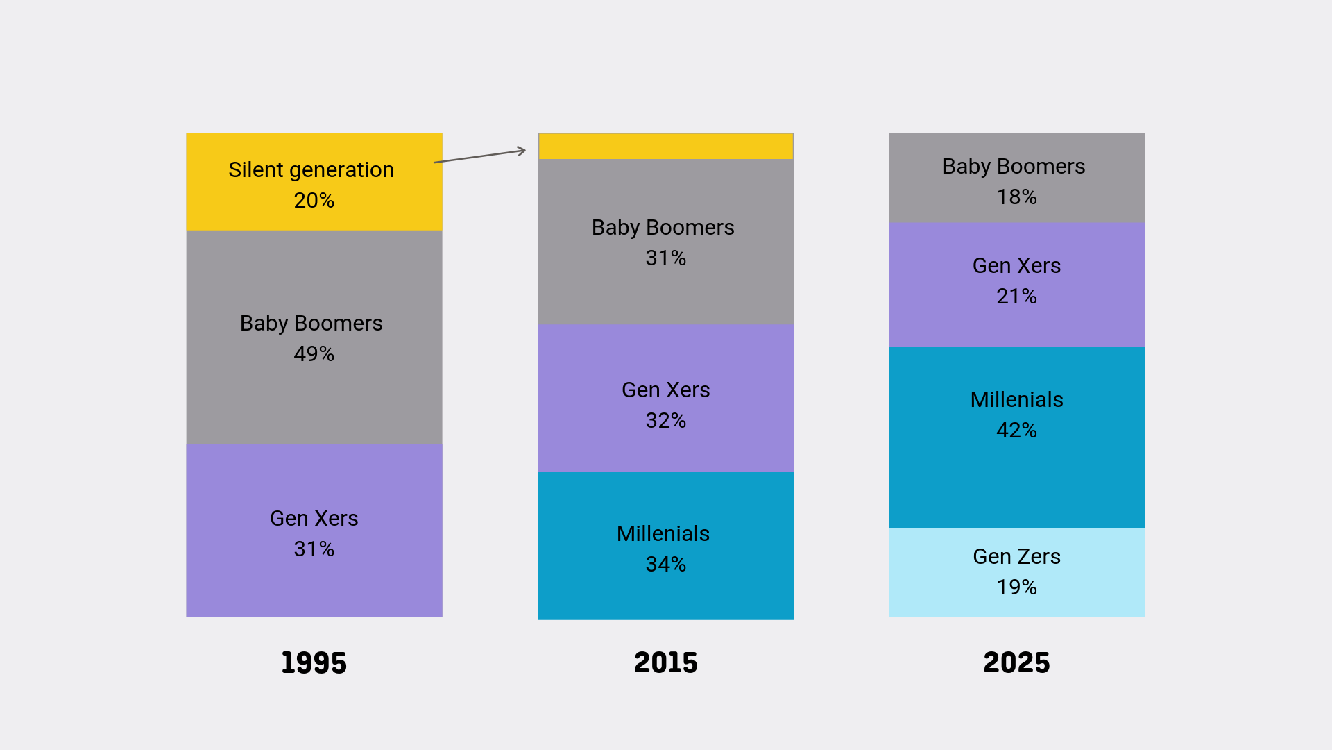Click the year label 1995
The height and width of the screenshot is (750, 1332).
point(314,662)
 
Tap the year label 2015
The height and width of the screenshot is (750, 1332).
point(665,662)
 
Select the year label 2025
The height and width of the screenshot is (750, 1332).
point(1016,662)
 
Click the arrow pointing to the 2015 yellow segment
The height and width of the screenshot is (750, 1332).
point(480,156)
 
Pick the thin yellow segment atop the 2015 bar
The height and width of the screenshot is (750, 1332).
point(665,147)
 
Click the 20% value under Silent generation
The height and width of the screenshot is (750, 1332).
point(314,201)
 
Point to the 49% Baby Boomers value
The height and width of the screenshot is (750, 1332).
point(314,354)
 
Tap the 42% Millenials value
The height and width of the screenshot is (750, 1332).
point(1016,431)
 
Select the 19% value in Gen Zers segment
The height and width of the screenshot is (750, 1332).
point(1016,587)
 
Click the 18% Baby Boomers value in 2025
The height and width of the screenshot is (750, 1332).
point(1016,197)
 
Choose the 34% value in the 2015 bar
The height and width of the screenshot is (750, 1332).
point(665,565)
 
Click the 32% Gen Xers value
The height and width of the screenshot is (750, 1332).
point(665,421)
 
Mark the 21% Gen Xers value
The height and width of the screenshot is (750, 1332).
point(1016,297)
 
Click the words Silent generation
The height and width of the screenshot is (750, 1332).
point(311,170)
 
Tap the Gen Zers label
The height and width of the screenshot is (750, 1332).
point(1016,557)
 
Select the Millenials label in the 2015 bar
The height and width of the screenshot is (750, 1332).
point(663,534)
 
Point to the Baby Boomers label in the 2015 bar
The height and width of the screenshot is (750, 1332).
point(663,228)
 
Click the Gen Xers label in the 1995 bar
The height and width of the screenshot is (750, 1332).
point(314,519)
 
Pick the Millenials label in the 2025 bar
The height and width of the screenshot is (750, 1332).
point(1016,400)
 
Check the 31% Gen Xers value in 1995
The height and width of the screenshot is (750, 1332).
point(314,549)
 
